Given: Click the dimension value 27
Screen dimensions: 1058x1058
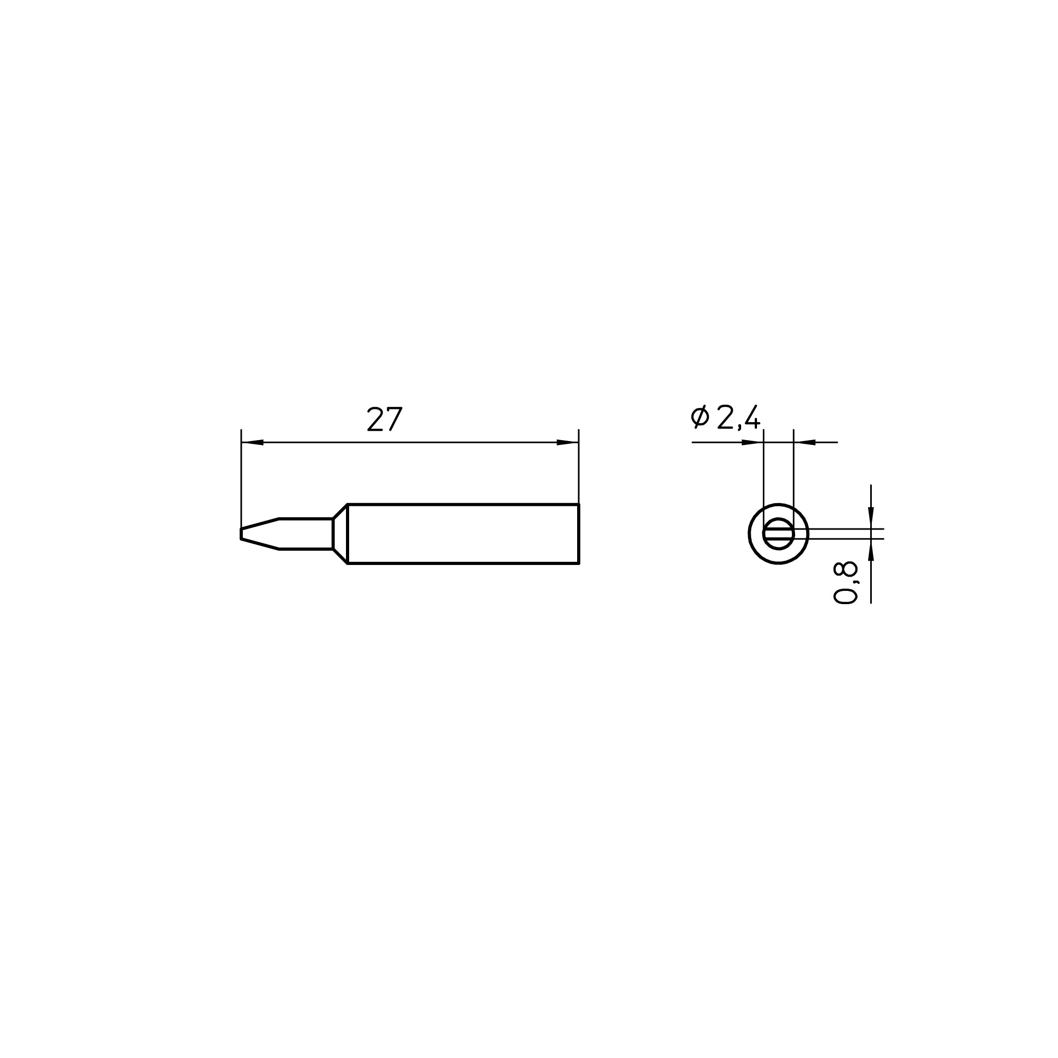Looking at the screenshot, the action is (385, 419).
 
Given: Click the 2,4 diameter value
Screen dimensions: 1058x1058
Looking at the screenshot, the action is (738, 418).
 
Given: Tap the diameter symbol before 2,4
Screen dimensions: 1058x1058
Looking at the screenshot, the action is (699, 417).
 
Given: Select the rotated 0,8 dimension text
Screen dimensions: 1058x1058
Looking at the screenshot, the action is (845, 582).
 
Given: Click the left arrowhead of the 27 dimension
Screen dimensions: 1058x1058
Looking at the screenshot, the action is (252, 442).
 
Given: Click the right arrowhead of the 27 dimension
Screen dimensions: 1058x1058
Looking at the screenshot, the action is (568, 442).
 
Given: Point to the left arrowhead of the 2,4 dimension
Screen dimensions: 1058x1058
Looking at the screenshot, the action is (752, 442).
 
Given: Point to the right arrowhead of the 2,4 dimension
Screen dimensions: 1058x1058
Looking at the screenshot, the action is (805, 442).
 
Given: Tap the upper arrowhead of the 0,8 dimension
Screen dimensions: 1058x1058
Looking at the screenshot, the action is (871, 518).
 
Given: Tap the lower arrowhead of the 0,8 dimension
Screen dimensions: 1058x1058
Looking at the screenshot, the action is (871, 550).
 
